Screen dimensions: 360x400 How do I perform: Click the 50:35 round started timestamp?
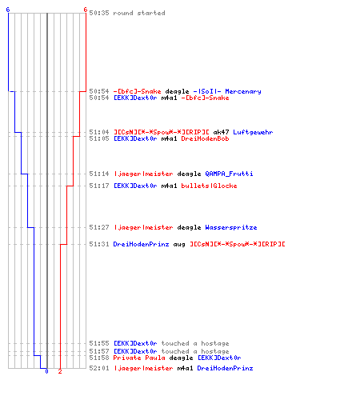99,13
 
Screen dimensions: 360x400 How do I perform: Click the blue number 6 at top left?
8,10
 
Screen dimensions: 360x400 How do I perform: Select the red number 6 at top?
86,10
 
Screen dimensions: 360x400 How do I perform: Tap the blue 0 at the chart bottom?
46,371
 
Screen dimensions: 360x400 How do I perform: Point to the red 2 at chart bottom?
60,371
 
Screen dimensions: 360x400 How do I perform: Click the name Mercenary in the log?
243,91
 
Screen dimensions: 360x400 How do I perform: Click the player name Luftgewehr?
253,132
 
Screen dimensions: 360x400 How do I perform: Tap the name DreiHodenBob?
205,138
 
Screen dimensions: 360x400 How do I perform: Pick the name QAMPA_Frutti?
229,174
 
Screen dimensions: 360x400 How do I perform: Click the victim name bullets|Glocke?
209,186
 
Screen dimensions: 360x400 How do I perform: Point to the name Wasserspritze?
231,227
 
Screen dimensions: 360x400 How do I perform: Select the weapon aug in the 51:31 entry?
179,245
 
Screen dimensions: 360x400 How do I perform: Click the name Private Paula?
139,358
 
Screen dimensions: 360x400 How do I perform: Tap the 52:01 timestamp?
99,368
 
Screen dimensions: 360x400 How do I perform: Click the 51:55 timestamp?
99,343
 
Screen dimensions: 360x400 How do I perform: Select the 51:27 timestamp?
99,227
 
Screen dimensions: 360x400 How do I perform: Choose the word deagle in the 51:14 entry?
189,174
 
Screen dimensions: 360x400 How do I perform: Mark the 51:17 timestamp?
99,186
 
